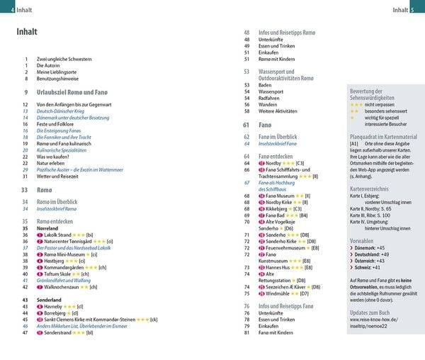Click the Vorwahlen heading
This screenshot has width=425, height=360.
363,240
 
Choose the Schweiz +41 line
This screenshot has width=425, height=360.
368,268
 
